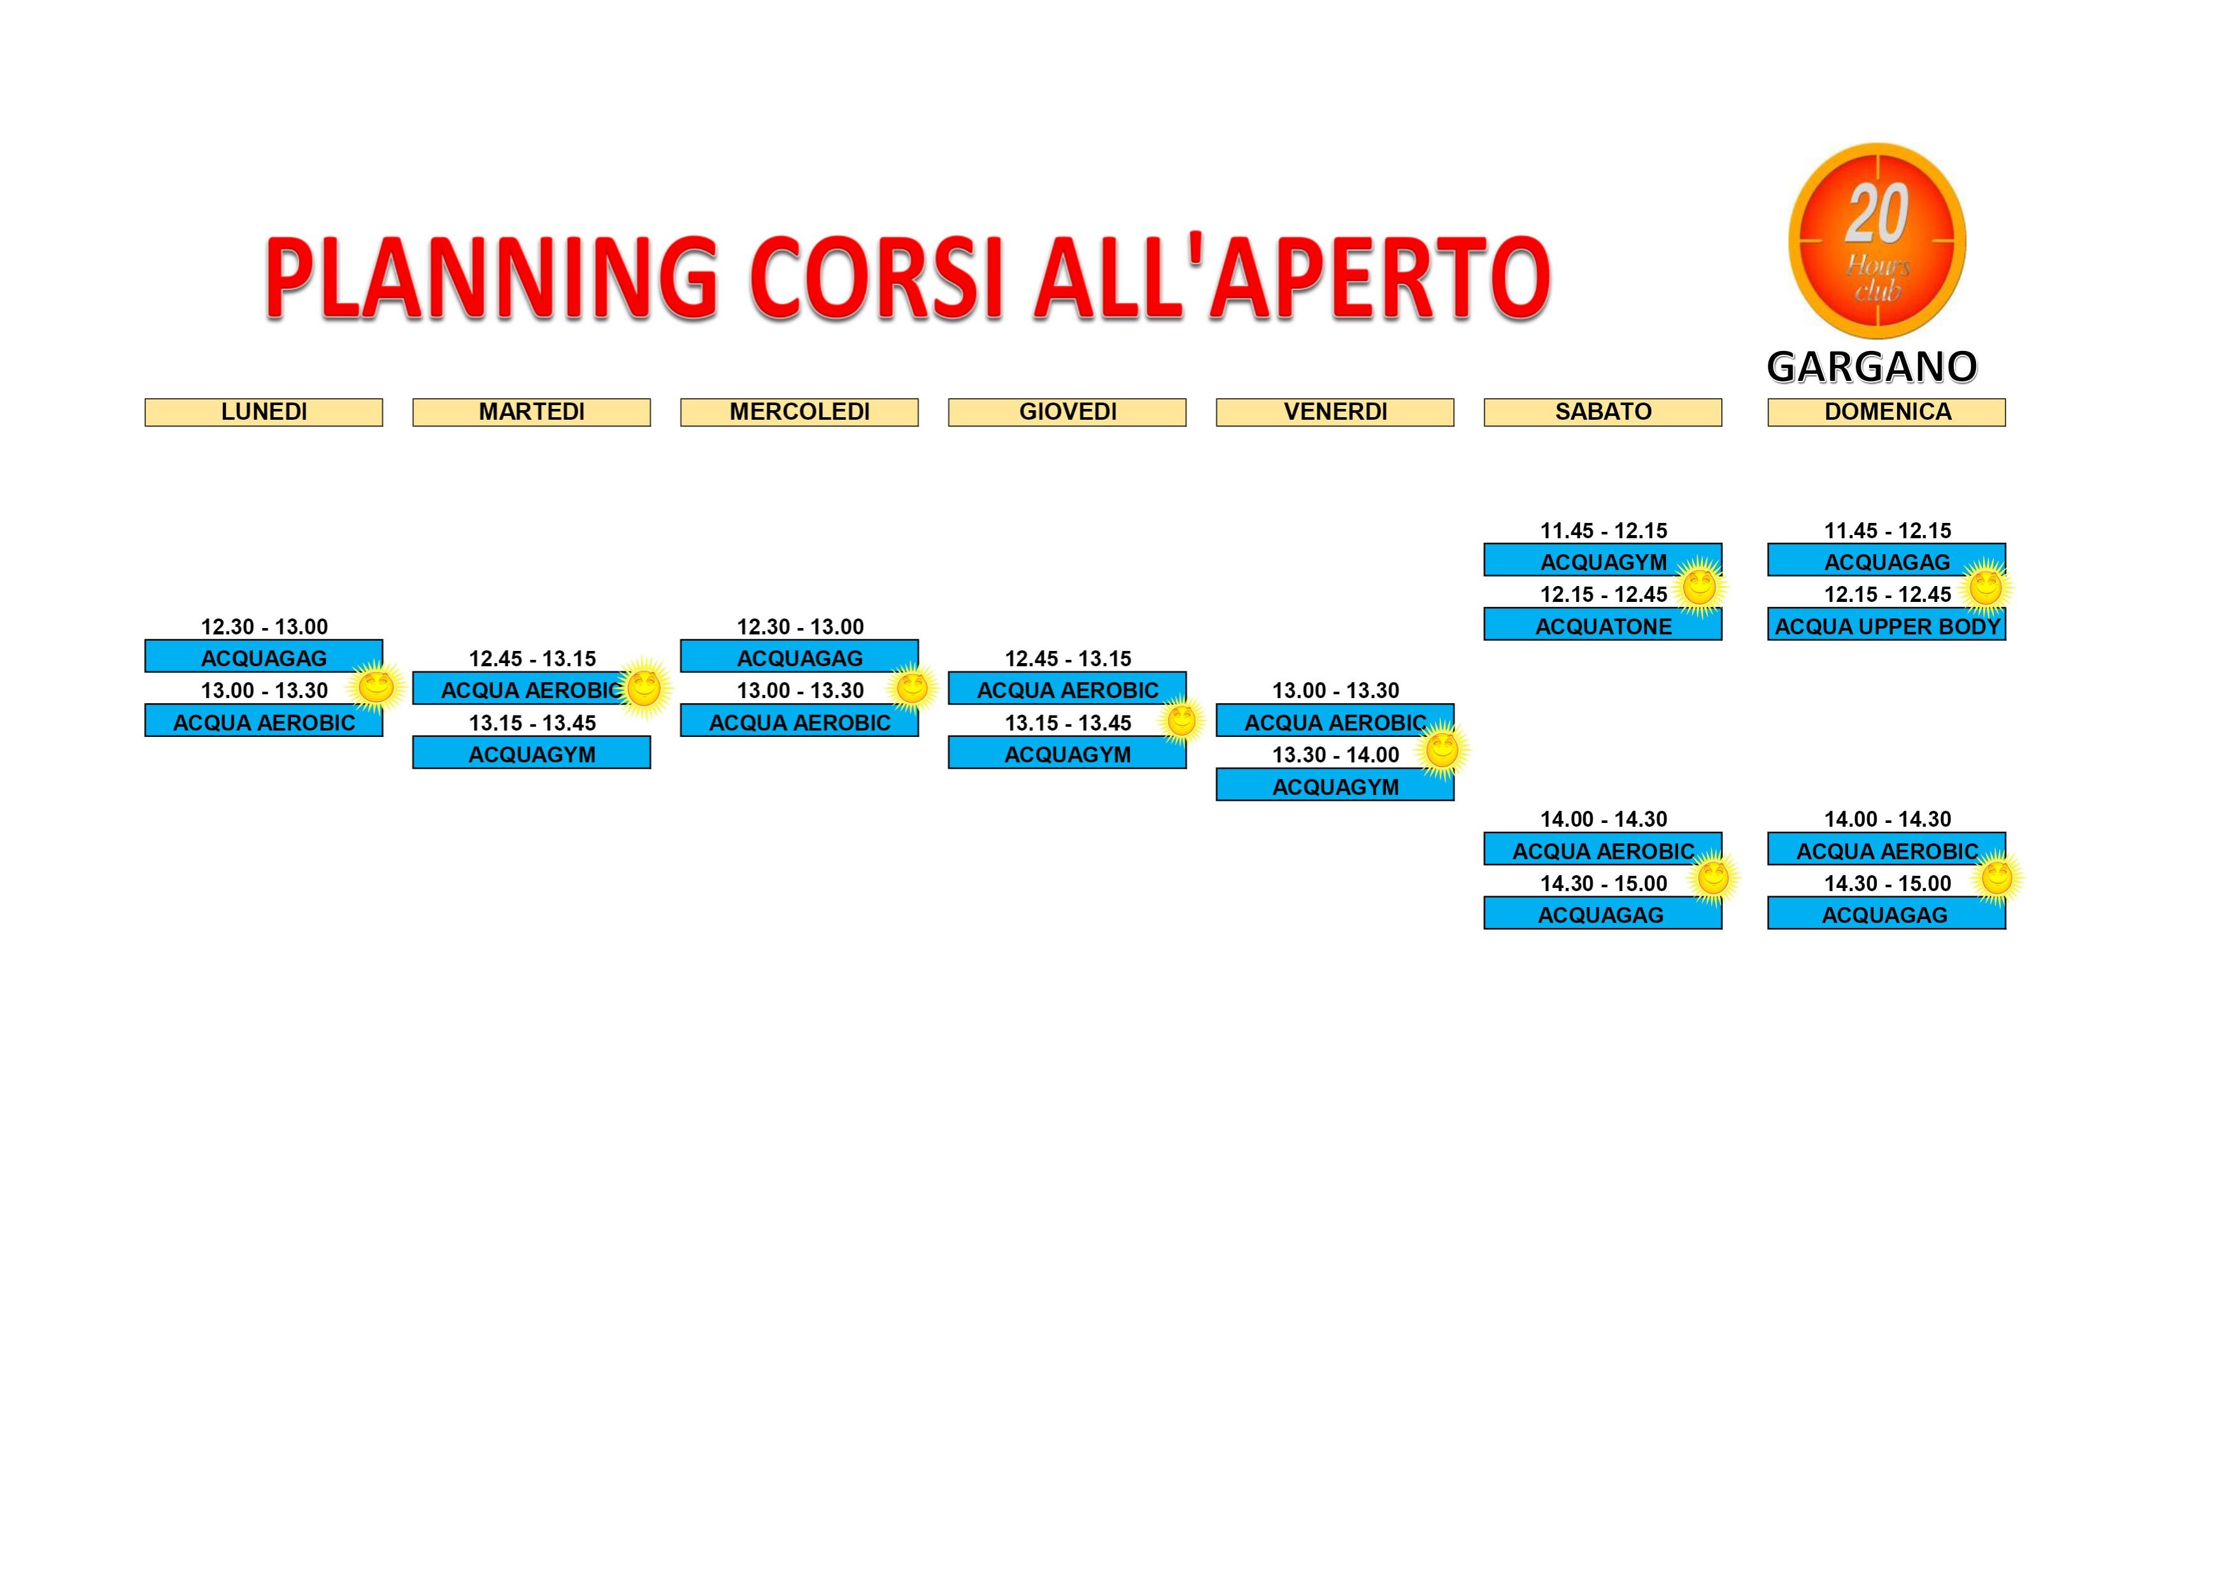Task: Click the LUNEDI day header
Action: (264, 413)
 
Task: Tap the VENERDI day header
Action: (1335, 413)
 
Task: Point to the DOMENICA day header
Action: (1887, 413)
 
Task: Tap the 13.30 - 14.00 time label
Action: (1335, 755)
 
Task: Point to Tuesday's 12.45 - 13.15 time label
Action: (532, 659)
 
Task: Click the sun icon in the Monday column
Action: (376, 687)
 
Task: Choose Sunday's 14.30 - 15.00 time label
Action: (1888, 883)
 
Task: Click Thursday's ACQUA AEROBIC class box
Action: (1067, 689)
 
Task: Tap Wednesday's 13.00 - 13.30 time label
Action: (800, 690)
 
